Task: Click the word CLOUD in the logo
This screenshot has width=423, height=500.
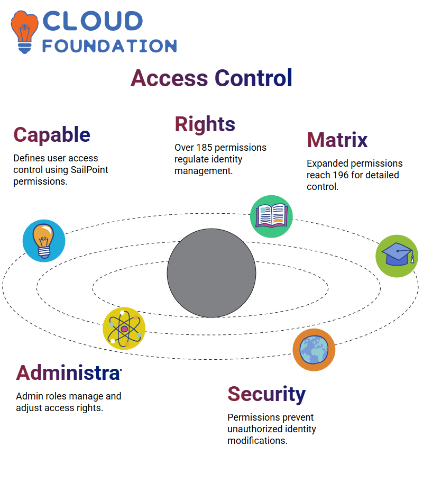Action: pyautogui.click(x=93, y=21)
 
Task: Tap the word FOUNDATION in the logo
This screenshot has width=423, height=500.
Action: pyautogui.click(x=109, y=46)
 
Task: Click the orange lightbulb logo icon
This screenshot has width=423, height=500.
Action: pyautogui.click(x=24, y=32)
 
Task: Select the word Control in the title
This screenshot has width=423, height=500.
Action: pyautogui.click(x=253, y=78)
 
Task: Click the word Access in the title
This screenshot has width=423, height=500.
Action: pyautogui.click(x=169, y=78)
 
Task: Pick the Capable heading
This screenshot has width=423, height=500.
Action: pyautogui.click(x=52, y=135)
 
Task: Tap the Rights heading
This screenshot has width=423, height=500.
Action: pyautogui.click(x=205, y=124)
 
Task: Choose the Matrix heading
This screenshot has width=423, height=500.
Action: pyautogui.click(x=337, y=140)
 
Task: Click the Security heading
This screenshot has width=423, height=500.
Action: pyautogui.click(x=266, y=395)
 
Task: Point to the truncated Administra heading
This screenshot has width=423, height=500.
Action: pyautogui.click(x=69, y=373)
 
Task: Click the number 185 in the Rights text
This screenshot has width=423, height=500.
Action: pyautogui.click(x=204, y=148)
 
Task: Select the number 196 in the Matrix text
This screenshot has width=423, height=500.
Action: pyautogui.click(x=341, y=175)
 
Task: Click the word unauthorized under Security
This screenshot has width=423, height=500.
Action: pyautogui.click(x=255, y=429)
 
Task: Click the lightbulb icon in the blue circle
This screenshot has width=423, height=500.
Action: pyautogui.click(x=44, y=241)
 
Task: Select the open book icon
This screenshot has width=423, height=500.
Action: pyautogui.click(x=271, y=216)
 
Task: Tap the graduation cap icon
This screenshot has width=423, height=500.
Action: pyautogui.click(x=397, y=256)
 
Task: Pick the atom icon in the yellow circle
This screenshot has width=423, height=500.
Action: pyautogui.click(x=124, y=329)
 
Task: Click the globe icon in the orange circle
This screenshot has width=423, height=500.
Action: pyautogui.click(x=314, y=350)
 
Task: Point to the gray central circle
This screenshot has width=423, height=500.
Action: pyautogui.click(x=212, y=273)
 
